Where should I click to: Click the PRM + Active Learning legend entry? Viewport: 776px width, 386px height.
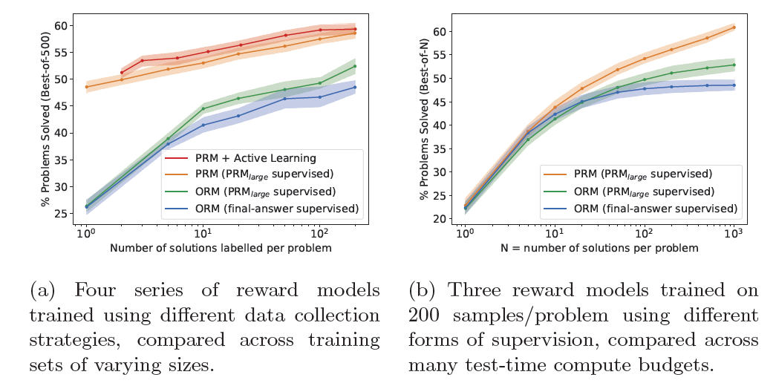click(250, 157)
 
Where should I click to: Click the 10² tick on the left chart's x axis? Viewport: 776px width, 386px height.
click(320, 233)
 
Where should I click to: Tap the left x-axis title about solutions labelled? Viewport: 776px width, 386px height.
click(221, 248)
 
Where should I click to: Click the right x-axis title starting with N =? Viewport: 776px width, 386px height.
click(599, 248)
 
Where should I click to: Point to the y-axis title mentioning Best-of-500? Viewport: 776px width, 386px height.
click(45, 120)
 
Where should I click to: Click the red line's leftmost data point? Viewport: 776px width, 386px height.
click(122, 73)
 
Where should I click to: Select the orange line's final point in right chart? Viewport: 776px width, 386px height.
click(734, 27)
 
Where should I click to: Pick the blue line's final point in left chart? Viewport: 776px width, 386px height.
click(355, 87)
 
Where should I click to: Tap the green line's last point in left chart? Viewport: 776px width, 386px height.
click(355, 66)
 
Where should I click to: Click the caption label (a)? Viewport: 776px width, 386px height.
click(45, 290)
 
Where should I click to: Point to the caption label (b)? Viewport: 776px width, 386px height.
click(424, 290)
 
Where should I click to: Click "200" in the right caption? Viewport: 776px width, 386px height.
click(426, 315)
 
